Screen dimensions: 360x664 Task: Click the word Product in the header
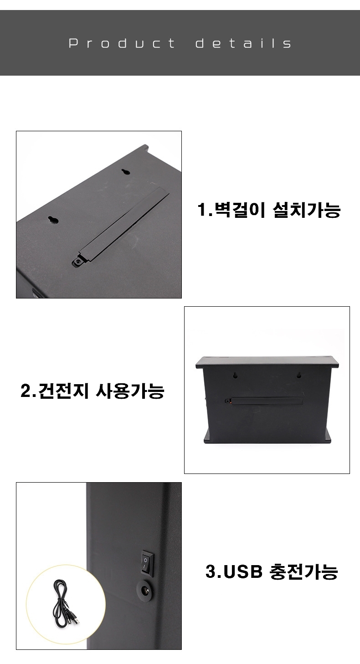(122, 43)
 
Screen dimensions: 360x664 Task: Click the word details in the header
(243, 43)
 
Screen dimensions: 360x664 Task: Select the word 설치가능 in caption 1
(306, 210)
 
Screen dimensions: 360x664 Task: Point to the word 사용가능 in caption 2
(130, 391)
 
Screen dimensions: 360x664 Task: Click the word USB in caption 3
(243, 571)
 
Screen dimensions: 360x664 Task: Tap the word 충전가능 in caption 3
(303, 571)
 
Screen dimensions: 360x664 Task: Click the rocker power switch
(147, 563)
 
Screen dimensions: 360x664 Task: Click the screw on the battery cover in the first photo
(78, 262)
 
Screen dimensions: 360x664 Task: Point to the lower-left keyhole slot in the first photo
(53, 220)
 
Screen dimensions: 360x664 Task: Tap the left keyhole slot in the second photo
(235, 375)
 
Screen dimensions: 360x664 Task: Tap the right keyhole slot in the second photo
(298, 375)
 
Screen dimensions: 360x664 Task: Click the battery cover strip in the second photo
(266, 401)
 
